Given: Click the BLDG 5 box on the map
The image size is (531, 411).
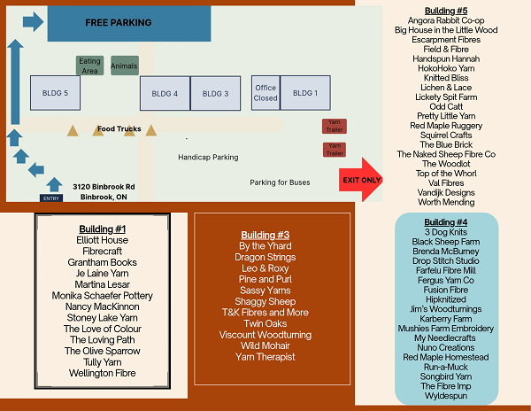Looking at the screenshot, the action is (x=55, y=93).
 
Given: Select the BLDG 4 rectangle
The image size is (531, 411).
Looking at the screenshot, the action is (x=165, y=93).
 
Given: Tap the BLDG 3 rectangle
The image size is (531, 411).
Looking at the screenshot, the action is (x=216, y=93).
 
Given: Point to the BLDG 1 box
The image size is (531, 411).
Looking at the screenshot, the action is (x=305, y=93).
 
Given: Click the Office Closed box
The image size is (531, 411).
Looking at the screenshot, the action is (x=265, y=93).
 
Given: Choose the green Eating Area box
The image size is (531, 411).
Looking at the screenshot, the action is (x=89, y=66).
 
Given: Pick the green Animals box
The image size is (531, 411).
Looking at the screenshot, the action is (x=125, y=66).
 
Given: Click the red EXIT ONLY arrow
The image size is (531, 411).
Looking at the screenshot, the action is (x=361, y=180).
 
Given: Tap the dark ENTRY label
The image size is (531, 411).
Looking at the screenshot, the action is (x=51, y=198).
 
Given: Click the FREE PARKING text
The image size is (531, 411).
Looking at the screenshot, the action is (x=119, y=23).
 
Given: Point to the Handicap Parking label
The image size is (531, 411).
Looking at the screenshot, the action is (x=208, y=157).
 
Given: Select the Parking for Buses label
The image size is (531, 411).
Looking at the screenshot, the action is (x=280, y=182).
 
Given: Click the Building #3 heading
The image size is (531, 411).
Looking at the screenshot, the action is (x=265, y=235).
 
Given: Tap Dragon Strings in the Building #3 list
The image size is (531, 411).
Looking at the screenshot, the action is (x=265, y=257).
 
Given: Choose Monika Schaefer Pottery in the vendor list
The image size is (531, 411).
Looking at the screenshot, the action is (x=103, y=296).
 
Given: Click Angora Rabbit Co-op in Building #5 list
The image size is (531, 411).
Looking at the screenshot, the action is (x=446, y=20).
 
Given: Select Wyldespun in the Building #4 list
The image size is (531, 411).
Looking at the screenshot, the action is (x=446, y=396).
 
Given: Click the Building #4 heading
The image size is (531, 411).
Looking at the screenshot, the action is (x=446, y=222).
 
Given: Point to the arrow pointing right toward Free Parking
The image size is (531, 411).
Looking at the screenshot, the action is (x=34, y=21).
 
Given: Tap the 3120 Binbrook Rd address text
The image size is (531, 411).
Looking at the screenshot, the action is (x=104, y=187).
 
